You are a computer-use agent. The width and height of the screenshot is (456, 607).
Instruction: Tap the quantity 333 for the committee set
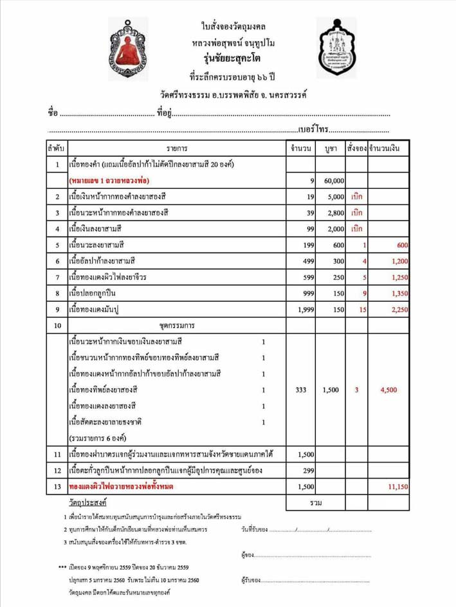pos(301,390)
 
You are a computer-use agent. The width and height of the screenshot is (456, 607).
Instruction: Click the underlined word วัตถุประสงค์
pos(88,500)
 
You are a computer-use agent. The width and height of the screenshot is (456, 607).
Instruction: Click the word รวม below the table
pos(315,500)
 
